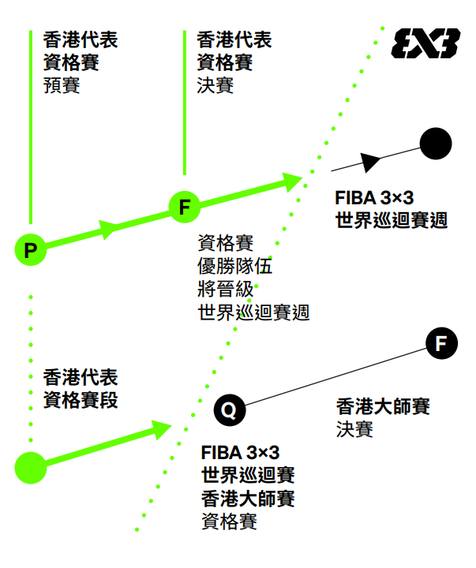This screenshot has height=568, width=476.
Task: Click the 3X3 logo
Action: click(425, 43)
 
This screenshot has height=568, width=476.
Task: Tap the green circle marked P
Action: click(30, 250)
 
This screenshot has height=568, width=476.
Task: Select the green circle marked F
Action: click(185, 207)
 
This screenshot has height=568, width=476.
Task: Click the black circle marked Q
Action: click(229, 409)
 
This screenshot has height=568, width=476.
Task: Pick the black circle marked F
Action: click(441, 343)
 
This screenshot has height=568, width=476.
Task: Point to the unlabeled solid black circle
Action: click(436, 144)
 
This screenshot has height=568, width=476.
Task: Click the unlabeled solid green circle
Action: click(30, 467)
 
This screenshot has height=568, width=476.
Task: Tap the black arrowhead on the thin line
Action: click(369, 162)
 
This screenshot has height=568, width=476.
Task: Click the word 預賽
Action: click(62, 84)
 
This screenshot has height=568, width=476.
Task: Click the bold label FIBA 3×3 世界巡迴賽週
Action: click(392, 209)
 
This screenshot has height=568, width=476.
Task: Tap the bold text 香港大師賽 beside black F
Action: click(383, 407)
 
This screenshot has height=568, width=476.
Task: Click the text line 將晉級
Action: click(226, 288)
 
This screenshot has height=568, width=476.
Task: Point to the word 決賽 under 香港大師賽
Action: click(354, 429)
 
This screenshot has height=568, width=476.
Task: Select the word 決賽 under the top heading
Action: click(215, 84)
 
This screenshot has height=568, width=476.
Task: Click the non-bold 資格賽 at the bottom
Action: click(229, 521)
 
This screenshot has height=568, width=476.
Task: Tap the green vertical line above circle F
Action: click(185, 103)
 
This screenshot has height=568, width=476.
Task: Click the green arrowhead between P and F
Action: click(110, 229)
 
